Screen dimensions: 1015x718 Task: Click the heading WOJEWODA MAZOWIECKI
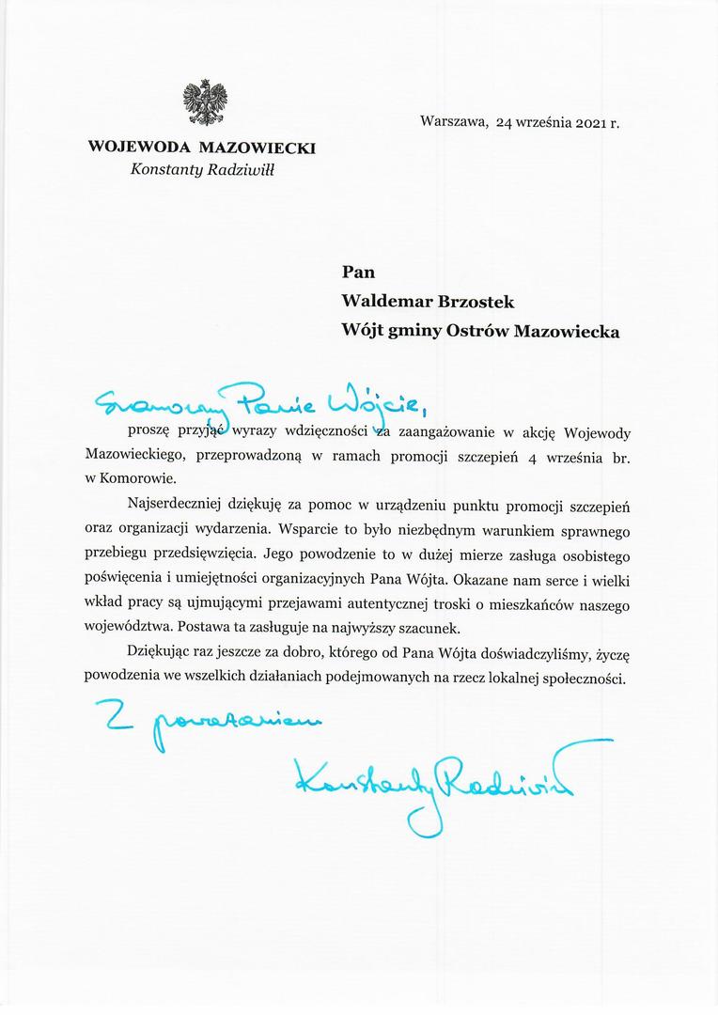pyautogui.click(x=201, y=148)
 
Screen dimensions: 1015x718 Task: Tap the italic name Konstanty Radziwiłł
pyautogui.click(x=203, y=170)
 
